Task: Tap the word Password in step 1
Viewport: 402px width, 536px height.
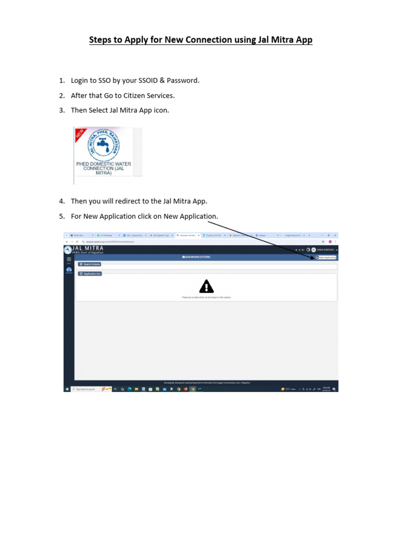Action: [183, 81]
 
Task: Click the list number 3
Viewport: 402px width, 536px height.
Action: [61, 110]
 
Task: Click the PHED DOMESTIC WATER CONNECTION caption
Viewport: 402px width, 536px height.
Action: [104, 168]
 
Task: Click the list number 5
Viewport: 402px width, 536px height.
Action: [61, 216]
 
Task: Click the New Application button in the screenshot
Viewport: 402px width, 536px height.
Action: [326, 258]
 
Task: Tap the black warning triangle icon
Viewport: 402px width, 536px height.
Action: [207, 286]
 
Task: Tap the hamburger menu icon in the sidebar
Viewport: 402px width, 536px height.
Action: [69, 259]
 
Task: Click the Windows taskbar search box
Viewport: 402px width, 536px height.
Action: [86, 389]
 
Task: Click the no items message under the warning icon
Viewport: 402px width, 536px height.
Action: [206, 297]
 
